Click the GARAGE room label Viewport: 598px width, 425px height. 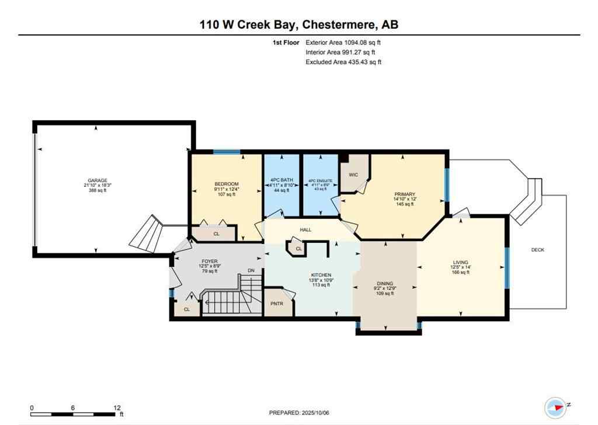97,180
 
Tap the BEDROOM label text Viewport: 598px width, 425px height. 226,184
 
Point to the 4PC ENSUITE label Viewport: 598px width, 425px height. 320,181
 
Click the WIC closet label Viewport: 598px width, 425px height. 353,174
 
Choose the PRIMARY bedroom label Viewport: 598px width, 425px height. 404,194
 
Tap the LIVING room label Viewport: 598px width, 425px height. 460,262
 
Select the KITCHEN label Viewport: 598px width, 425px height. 321,275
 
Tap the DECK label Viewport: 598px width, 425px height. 537,250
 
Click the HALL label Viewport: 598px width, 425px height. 305,230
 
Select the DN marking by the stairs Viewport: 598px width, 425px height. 251,270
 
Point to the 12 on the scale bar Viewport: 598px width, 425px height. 117,408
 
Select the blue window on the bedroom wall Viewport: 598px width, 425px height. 226,152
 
